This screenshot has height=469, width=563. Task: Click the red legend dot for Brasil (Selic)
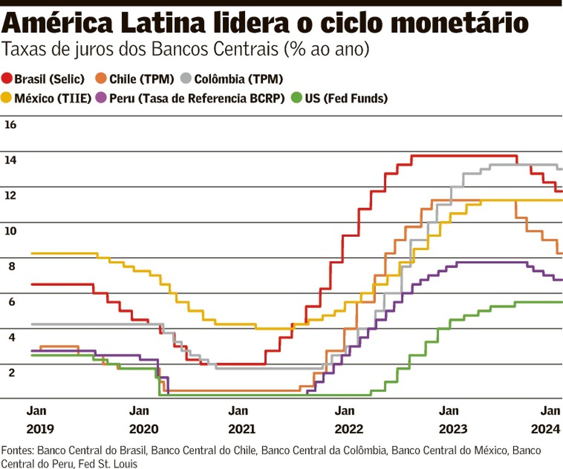tap(8, 79)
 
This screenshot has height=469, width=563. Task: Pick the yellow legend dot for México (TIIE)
tap(8, 99)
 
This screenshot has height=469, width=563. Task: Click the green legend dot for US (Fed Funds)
tap(296, 99)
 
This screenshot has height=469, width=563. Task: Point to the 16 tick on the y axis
tap(10, 125)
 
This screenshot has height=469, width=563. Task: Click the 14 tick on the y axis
tap(10, 160)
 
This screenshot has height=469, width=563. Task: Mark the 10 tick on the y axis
tap(10, 231)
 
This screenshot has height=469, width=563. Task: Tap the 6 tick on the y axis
tap(10, 302)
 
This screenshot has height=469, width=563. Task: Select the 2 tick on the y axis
tap(10, 372)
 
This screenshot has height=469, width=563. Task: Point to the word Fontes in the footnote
tap(18, 451)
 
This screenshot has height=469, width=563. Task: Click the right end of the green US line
tap(561, 302)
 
